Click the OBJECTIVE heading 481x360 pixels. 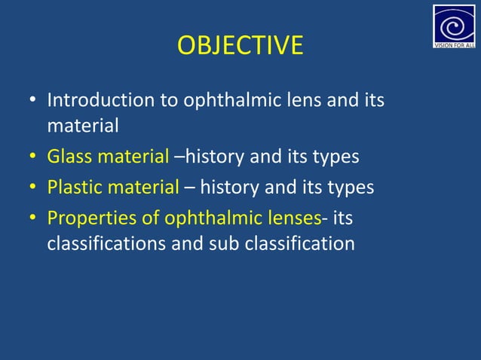(x=240, y=46)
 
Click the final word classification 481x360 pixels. (x=299, y=243)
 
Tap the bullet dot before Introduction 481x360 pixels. (x=32, y=100)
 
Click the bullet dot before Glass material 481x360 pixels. (x=32, y=158)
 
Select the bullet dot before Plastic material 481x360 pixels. (x=32, y=188)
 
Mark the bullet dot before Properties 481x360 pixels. (x=32, y=218)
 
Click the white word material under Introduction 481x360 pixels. (x=83, y=126)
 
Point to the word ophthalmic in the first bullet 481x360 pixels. (x=227, y=99)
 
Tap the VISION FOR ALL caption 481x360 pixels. (x=454, y=44)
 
